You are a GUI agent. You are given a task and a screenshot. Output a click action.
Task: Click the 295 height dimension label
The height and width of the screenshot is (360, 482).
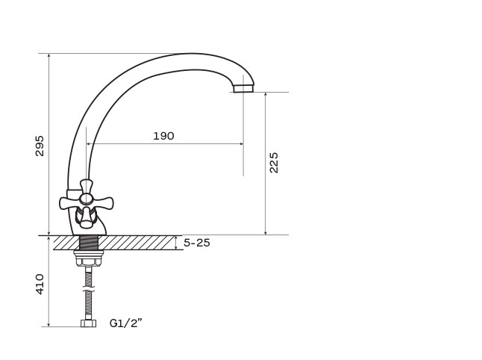coord(40,146)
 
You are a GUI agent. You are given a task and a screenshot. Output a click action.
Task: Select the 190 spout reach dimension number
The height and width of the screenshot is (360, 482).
coord(163,136)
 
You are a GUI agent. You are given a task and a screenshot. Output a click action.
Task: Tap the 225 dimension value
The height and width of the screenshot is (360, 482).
coord(273,163)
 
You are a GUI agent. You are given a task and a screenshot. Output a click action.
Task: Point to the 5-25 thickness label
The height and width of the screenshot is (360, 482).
coord(197,243)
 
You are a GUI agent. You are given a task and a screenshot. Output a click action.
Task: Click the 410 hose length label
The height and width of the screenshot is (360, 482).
coord(40,284)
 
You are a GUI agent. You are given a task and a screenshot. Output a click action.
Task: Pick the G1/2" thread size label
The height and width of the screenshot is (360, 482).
coord(126,323)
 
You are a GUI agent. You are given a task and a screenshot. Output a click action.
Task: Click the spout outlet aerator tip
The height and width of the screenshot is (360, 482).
coord(243,89)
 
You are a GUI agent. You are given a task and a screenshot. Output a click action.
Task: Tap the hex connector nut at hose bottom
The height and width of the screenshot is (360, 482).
coord(89,323)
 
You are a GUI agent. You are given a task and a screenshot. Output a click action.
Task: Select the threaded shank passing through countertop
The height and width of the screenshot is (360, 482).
coord(89,243)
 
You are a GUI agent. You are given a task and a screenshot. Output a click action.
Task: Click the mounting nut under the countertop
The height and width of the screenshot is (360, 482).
coord(89,258)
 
